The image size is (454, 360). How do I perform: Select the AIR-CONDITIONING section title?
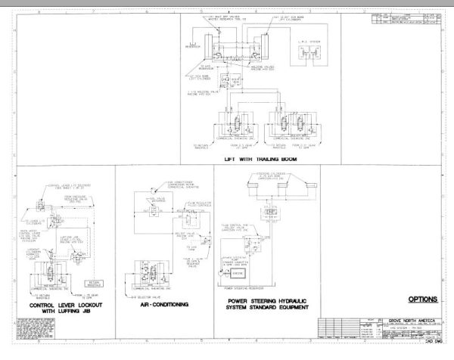(164, 306)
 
